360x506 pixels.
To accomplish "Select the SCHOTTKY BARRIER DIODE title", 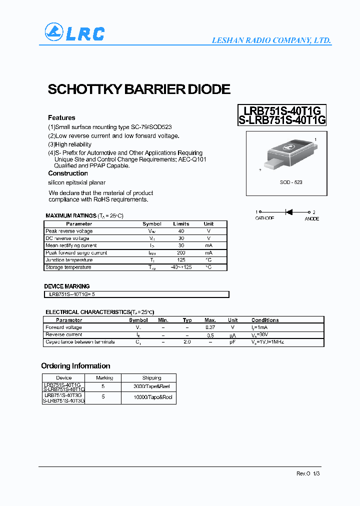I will coord(138,89).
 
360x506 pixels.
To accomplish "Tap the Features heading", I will coord(61,117).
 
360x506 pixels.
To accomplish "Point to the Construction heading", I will coord(68,173).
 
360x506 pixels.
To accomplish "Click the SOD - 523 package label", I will coord(291,182).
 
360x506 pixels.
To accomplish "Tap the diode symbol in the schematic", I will coord(288,212).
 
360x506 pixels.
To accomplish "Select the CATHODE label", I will coord(264,219).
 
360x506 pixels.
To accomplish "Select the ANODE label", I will coord(311,219).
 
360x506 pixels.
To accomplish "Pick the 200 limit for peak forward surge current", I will coord(181,253).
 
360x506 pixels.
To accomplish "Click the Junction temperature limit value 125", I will coord(181,260).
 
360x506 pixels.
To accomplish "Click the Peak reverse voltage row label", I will coord(69,231).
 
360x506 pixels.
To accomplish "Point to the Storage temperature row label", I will coord(68,267).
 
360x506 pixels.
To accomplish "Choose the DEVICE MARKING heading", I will coord(67,286).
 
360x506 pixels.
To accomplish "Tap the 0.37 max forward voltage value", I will coord(210,327).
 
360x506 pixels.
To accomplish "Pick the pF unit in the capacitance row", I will coord(232,342).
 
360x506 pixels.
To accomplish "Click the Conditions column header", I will coord(265,320).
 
